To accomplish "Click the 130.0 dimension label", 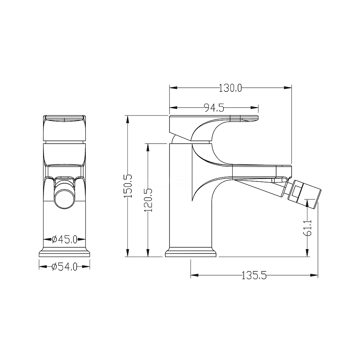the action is tap(230, 88).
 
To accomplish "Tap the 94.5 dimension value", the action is tap(214, 107).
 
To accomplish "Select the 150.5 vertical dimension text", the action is tap(128, 186).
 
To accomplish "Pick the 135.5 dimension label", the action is tap(254, 275).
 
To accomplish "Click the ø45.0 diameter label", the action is tap(64, 239).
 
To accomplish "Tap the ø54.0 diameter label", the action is tap(64, 266).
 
